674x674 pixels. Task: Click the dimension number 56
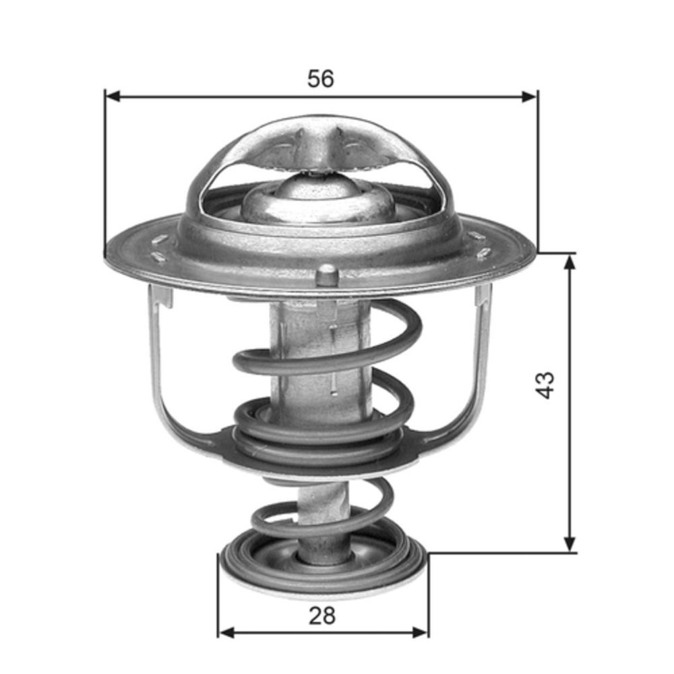point(321,79)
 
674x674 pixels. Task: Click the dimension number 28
point(322,616)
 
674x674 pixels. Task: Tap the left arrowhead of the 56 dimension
point(113,96)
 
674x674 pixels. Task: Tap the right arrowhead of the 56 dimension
point(528,96)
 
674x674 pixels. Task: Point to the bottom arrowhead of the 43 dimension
point(570,543)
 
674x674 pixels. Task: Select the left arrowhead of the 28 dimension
point(226,632)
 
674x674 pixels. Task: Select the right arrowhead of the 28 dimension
point(421,632)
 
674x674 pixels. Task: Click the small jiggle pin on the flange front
point(327,274)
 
